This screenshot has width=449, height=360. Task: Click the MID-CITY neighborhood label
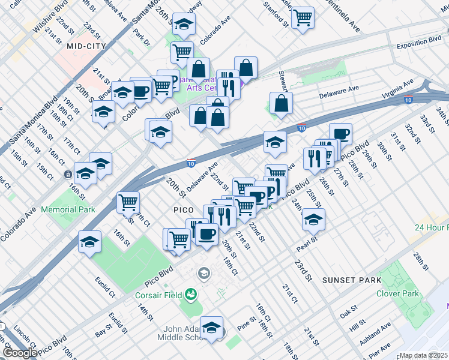86,46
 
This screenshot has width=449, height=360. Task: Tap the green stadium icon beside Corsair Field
191,294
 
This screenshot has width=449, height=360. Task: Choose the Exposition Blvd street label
419,46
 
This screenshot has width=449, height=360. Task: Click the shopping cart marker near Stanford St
303,17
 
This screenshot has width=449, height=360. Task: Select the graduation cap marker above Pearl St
313,220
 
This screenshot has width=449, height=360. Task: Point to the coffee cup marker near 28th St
340,134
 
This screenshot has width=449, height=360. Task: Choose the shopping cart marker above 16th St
128,202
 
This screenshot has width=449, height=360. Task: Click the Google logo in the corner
19,353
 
